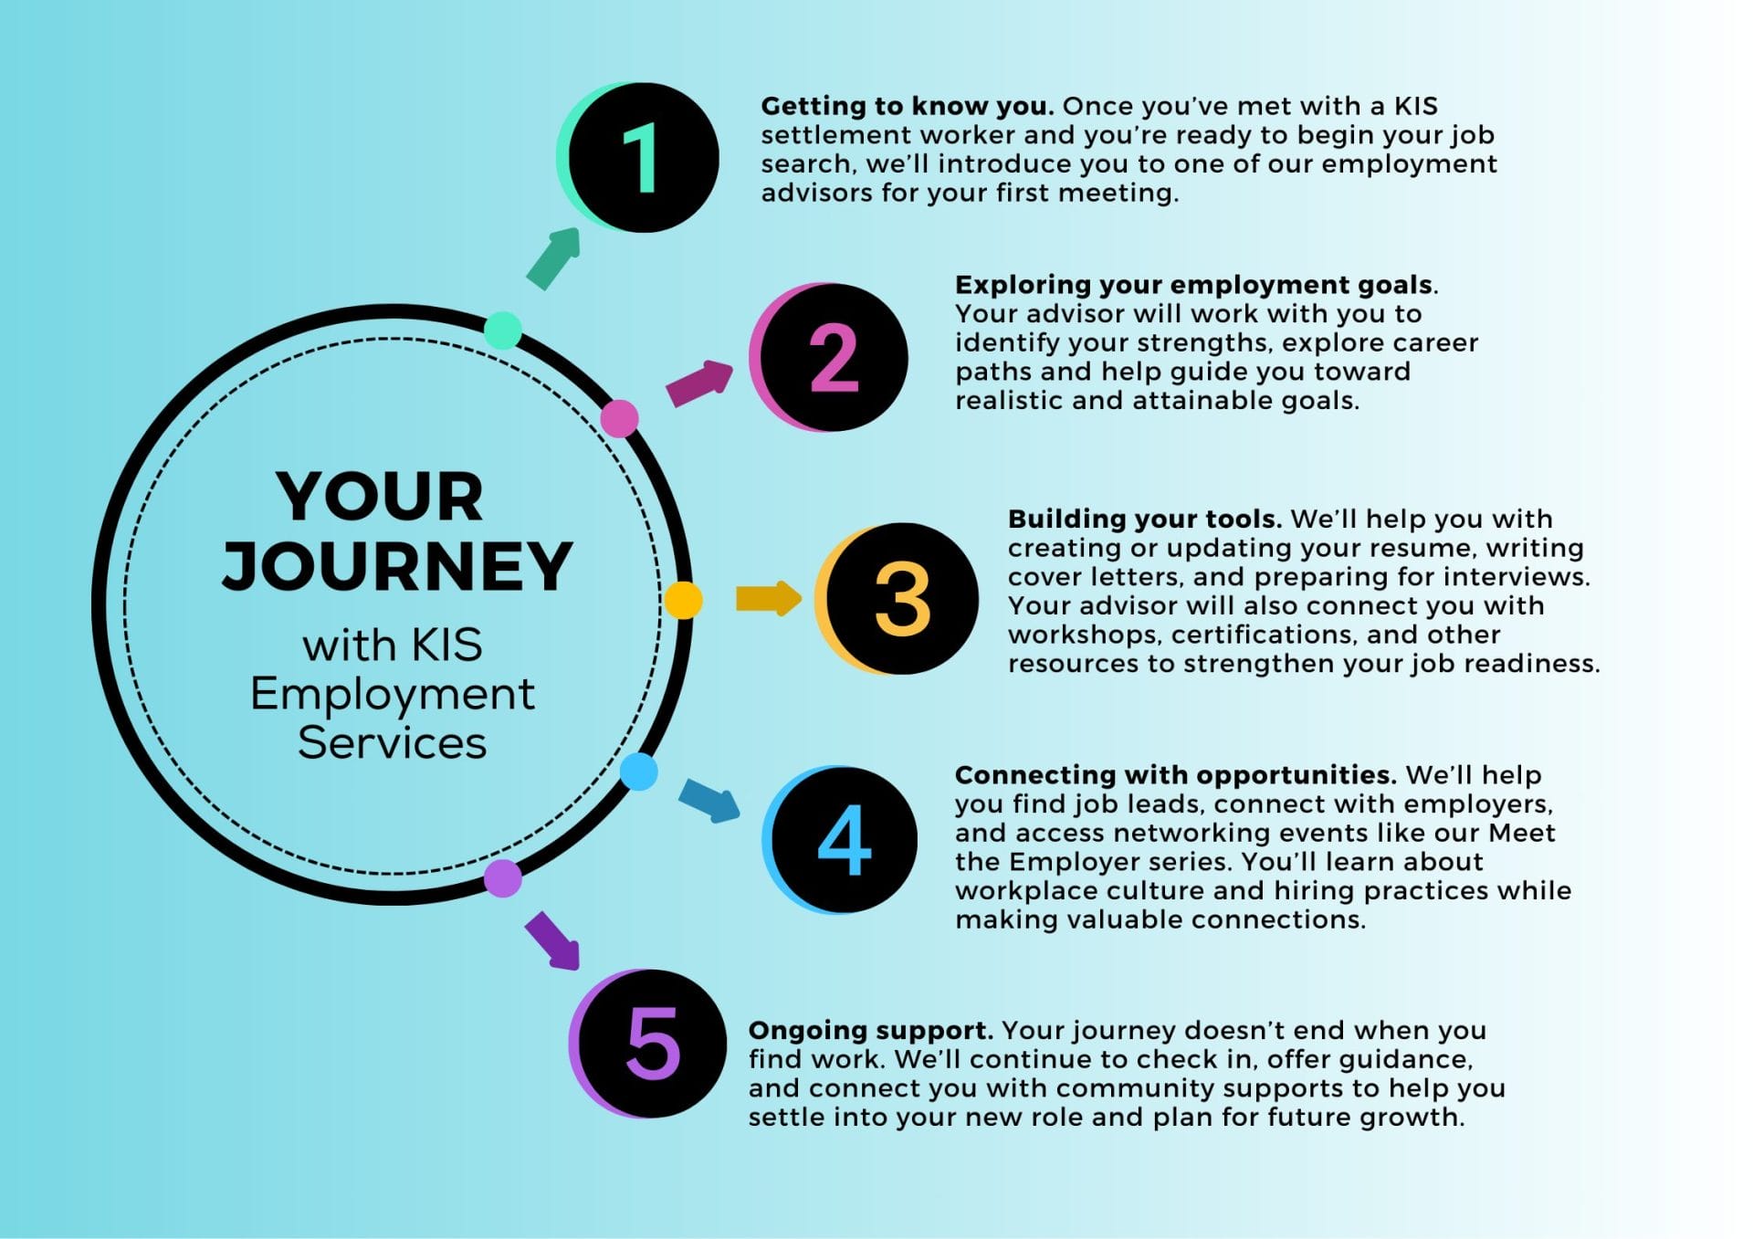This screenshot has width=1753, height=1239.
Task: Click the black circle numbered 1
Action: tap(643, 158)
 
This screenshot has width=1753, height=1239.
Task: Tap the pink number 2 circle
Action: tap(833, 357)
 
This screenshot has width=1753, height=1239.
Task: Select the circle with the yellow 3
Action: tap(901, 599)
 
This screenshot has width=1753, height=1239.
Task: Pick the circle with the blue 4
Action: tap(844, 840)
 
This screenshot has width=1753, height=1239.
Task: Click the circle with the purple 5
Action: tap(651, 1044)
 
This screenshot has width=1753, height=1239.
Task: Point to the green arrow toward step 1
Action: tap(554, 258)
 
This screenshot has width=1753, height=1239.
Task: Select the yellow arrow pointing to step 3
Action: tap(768, 599)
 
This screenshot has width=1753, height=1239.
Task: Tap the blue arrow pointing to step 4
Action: tap(709, 800)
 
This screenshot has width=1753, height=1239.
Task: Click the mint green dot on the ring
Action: tap(502, 330)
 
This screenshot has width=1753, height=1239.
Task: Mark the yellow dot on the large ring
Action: tap(683, 600)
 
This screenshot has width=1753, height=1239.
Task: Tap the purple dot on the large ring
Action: tap(502, 878)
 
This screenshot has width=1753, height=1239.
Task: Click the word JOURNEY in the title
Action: tap(397, 566)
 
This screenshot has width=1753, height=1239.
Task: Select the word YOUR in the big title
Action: tap(380, 497)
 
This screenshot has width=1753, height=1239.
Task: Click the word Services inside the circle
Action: tap(392, 742)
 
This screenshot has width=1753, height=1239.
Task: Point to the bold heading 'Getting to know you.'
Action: tap(907, 106)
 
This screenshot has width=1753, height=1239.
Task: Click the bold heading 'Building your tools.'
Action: tap(1144, 519)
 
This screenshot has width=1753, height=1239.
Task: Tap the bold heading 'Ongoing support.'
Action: tap(870, 1030)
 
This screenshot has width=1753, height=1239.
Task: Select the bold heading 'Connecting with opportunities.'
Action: tap(1175, 774)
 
